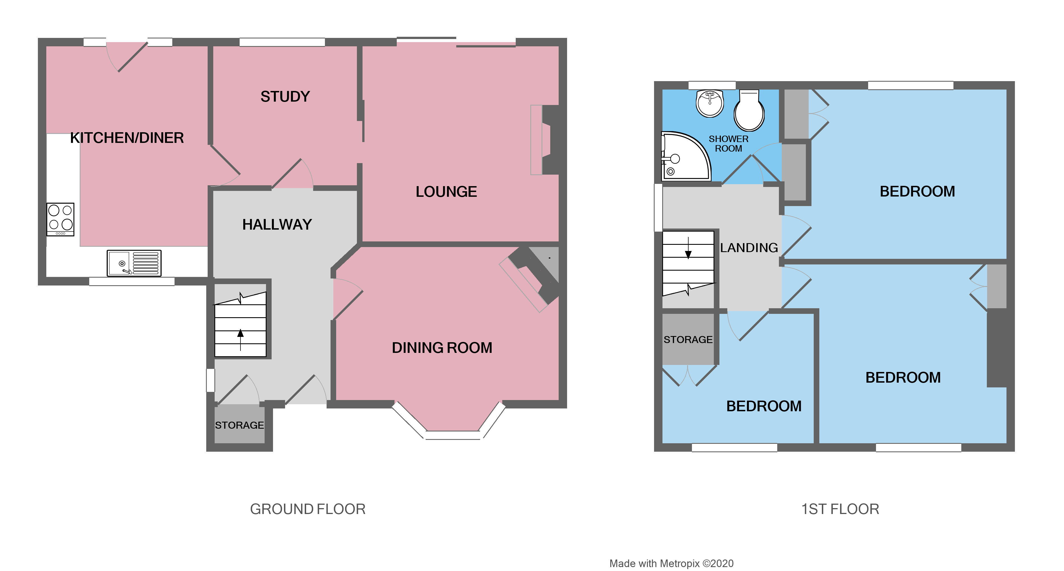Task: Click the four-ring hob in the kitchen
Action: click(60, 219)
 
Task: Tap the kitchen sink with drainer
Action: click(134, 263)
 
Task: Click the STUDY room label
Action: click(285, 97)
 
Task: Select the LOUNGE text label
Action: click(446, 192)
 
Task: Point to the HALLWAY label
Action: click(277, 224)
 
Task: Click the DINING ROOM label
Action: click(442, 348)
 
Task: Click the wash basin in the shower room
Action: click(710, 103)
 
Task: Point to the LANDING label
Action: click(749, 248)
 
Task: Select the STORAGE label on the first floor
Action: click(688, 340)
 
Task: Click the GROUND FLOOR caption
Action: click(308, 509)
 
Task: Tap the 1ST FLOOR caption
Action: click(840, 509)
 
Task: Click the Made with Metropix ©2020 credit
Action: click(671, 564)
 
